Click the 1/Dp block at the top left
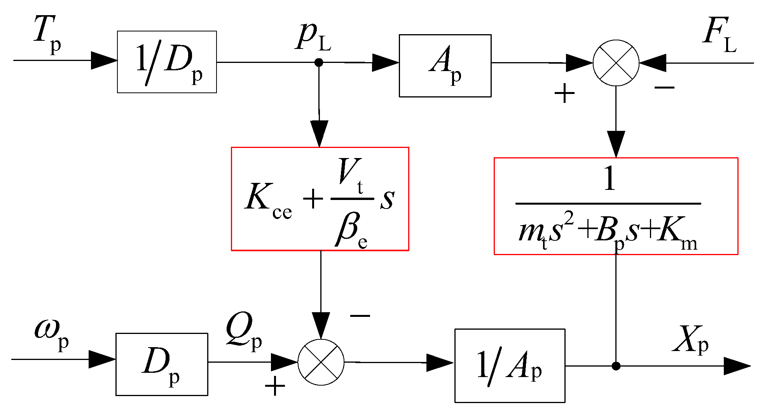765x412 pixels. click(x=167, y=62)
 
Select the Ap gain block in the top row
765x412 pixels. click(x=445, y=66)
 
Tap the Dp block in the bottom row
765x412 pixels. click(x=162, y=364)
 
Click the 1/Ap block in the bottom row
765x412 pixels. click(x=510, y=365)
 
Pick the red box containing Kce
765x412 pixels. click(x=320, y=199)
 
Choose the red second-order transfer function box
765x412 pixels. click(x=616, y=206)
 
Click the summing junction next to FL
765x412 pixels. click(x=616, y=63)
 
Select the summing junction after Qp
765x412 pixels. click(x=321, y=362)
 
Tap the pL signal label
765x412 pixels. click(x=313, y=37)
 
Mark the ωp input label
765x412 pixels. click(x=51, y=334)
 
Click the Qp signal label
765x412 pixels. click(x=244, y=332)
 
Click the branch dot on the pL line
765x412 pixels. click(x=319, y=62)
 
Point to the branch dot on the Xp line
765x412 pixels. click(x=616, y=366)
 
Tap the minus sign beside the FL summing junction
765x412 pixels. click(x=664, y=88)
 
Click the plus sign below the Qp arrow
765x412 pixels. click(x=275, y=386)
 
